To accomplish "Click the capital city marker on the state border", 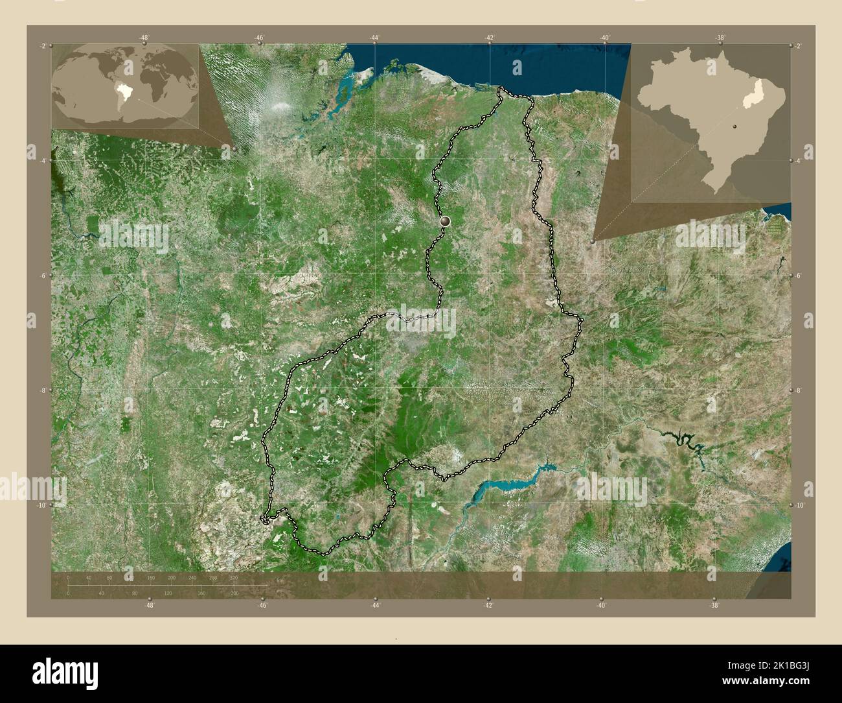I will [x=445, y=222].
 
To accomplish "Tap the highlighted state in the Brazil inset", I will [x=751, y=98].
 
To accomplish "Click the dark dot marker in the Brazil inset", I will [x=735, y=126].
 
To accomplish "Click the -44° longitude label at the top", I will [x=374, y=38].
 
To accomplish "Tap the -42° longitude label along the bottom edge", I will [x=488, y=605].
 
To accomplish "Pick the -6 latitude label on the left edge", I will [x=43, y=276].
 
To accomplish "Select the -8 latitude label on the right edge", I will [x=799, y=390].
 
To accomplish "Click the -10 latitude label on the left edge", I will [x=41, y=505].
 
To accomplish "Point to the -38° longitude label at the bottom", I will [x=713, y=605].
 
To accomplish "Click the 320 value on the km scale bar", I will [x=234, y=577].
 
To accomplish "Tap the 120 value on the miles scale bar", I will [x=168, y=593].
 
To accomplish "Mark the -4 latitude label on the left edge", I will [x=43, y=160].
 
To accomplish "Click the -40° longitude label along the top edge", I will [x=604, y=38].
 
